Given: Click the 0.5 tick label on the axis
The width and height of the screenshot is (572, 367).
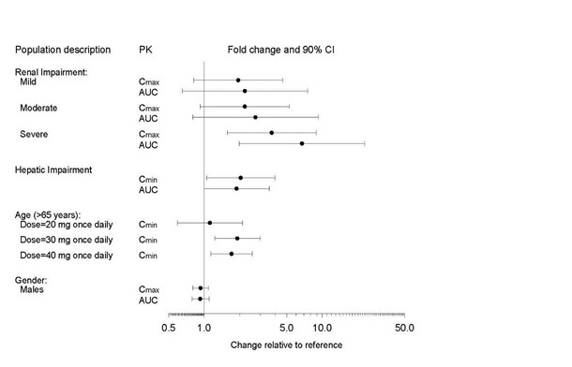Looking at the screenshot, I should pyautogui.click(x=169, y=328).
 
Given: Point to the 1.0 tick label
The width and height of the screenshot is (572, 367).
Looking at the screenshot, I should pyautogui.click(x=204, y=328).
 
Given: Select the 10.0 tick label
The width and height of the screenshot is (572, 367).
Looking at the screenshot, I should pyautogui.click(x=323, y=328).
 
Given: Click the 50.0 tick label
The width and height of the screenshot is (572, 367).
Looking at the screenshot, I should pyautogui.click(x=405, y=328).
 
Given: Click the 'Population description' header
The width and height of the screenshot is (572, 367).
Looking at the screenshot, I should pyautogui.click(x=61, y=49).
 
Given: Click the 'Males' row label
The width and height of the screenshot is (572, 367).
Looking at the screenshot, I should pyautogui.click(x=33, y=290).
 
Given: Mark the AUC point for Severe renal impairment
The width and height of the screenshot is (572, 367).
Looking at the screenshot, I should pyautogui.click(x=302, y=143).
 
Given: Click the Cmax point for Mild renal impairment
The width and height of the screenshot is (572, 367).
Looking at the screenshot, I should pyautogui.click(x=238, y=81).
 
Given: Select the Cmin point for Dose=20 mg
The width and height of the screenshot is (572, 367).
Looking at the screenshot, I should pyautogui.click(x=210, y=223).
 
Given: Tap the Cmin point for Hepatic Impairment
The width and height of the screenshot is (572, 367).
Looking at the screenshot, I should pyautogui.click(x=241, y=178).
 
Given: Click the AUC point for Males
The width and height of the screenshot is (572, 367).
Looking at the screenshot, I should pyautogui.click(x=200, y=299).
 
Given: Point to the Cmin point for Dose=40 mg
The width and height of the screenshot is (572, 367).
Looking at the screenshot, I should pyautogui.click(x=232, y=254).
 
